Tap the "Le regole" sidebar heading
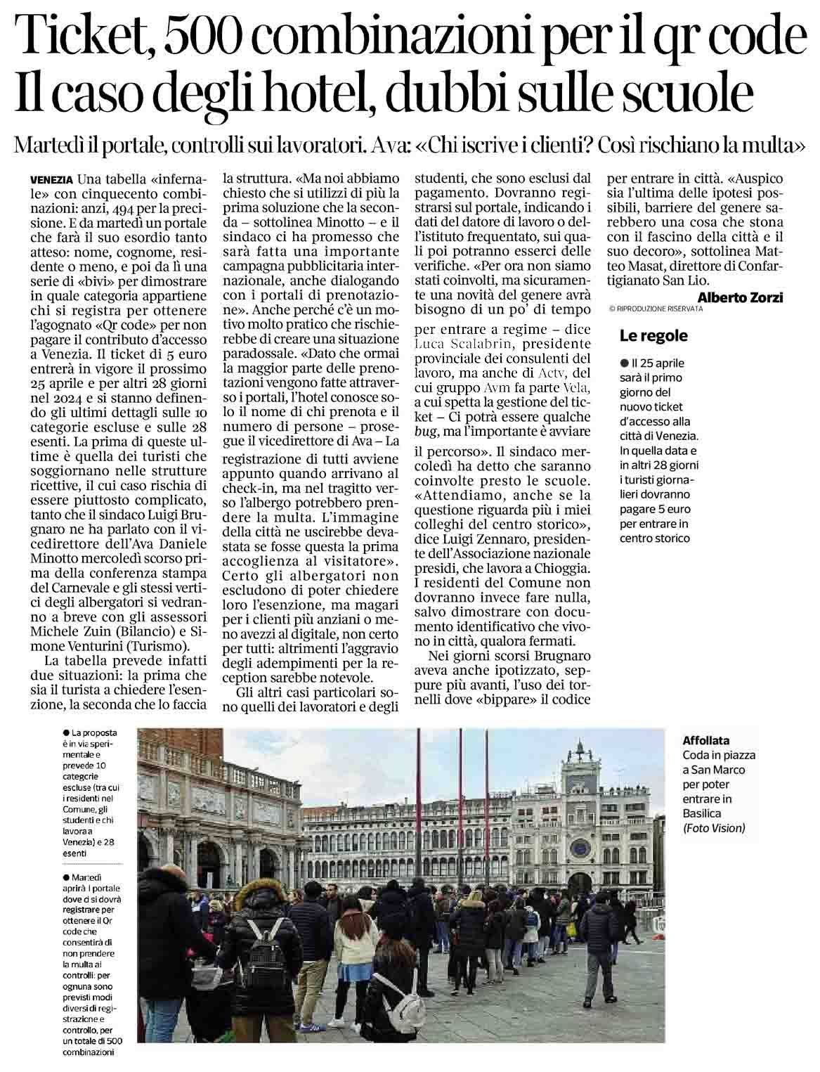pyautogui.click(x=653, y=336)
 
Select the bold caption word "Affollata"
pyautogui.click(x=705, y=740)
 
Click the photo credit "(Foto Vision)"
pyautogui.click(x=713, y=829)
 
